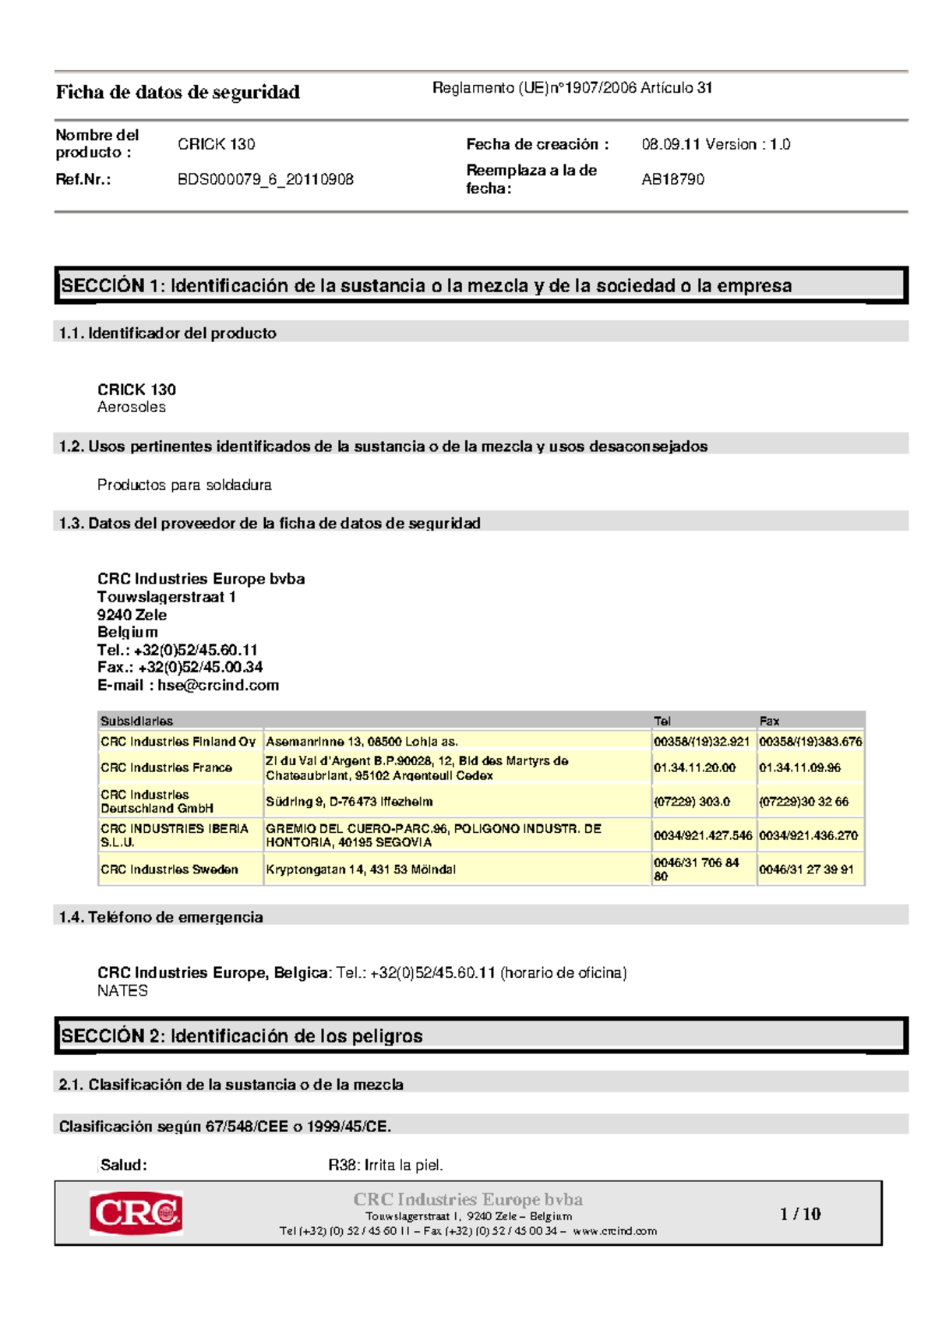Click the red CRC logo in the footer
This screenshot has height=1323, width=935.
point(136,1212)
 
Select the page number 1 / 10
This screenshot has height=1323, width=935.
point(800,1213)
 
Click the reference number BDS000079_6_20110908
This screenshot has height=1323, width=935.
point(265,179)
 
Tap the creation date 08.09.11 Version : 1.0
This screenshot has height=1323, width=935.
point(715,144)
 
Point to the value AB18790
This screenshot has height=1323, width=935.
point(672,179)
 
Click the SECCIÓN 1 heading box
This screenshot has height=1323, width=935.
point(480,286)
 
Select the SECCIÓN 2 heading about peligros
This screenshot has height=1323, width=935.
point(480,1035)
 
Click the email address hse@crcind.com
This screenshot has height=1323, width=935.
point(218,685)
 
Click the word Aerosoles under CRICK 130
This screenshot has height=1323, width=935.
point(131,407)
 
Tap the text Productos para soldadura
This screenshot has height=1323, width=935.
point(184,485)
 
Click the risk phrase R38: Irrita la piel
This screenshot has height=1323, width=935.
point(385,1165)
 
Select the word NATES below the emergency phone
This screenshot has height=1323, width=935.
point(122,990)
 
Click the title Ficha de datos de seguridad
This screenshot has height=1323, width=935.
point(178,93)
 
